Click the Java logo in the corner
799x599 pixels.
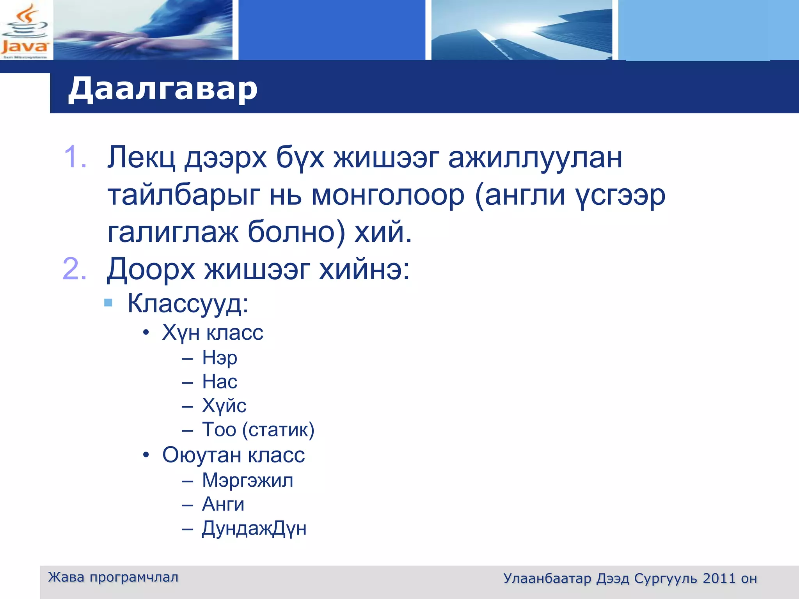25,30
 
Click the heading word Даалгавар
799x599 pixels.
163,89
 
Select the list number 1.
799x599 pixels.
75,157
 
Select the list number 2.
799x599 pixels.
74,269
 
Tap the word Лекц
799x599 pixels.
141,158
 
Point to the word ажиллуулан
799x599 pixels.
535,158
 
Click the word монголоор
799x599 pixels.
388,195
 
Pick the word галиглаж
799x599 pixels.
172,232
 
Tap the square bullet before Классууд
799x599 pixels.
108,303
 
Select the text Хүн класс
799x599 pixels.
213,333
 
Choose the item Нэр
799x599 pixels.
220,358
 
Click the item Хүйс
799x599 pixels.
224,406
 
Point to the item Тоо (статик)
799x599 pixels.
258,430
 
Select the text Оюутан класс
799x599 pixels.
233,455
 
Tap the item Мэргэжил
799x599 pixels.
247,480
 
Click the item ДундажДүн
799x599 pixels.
254,529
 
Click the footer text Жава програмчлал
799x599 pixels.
113,577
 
